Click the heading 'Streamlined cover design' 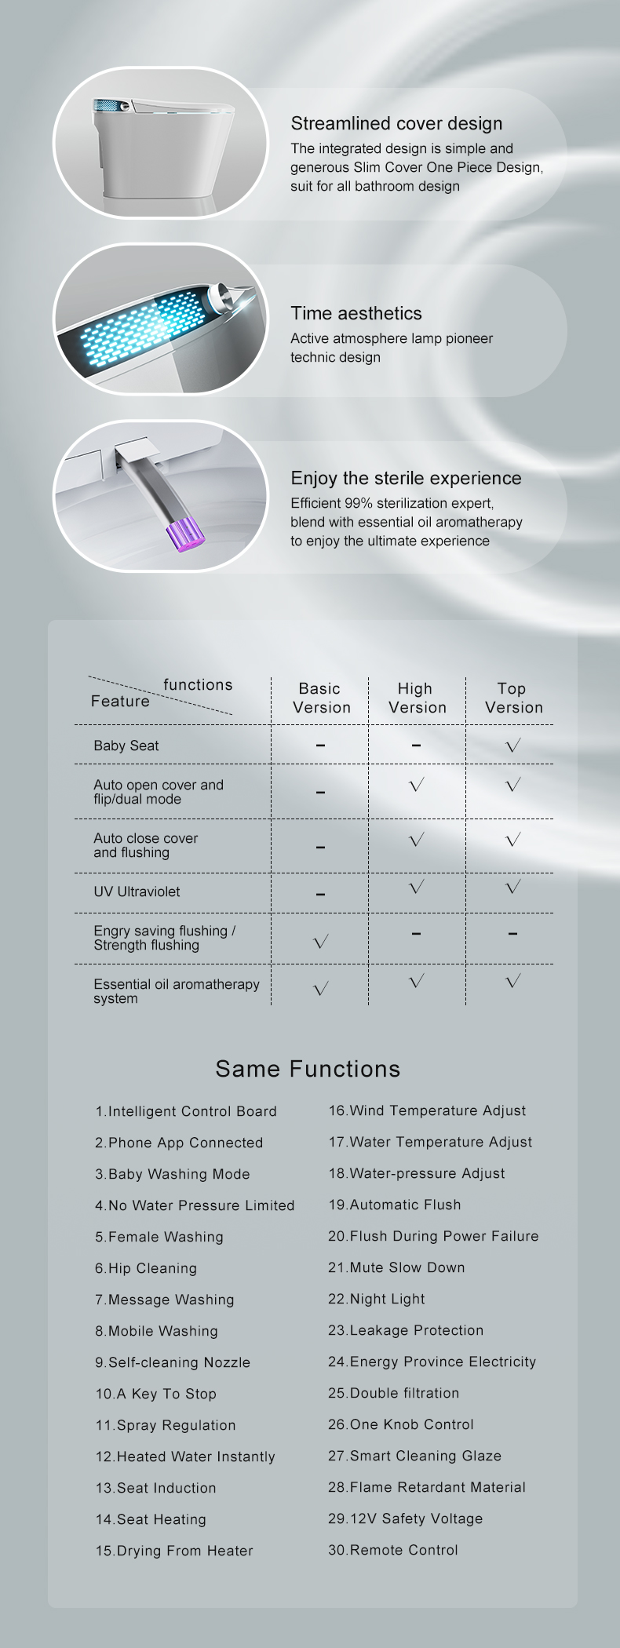(396, 123)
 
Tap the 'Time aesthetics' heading (356, 313)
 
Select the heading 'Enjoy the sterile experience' (406, 478)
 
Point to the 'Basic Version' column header (320, 698)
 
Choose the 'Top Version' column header (512, 698)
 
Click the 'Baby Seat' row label (126, 746)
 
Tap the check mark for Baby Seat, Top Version (513, 746)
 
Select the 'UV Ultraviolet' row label (137, 891)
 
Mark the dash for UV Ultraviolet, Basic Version (320, 894)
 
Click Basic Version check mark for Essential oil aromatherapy (320, 989)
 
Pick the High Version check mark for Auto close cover (417, 840)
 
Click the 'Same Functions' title (308, 1069)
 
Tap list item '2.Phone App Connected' (179, 1143)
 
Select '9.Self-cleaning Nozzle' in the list (173, 1362)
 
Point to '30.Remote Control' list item (393, 1550)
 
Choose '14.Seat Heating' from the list (151, 1519)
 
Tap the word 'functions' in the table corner (198, 685)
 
